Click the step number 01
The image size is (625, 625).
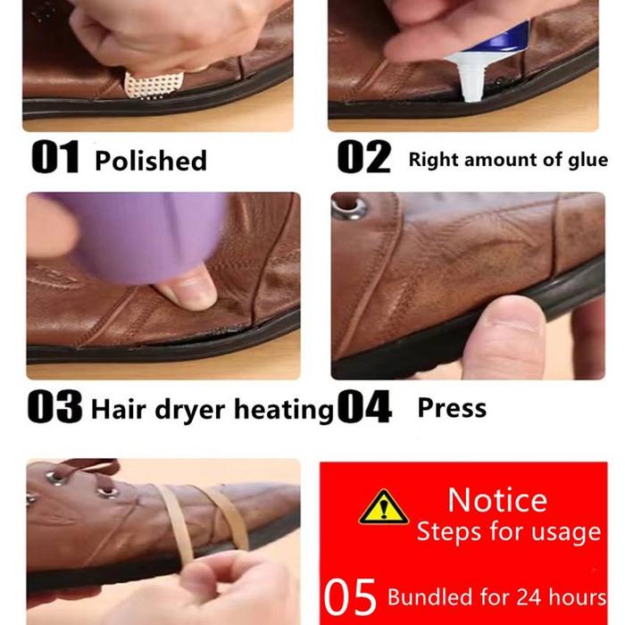[55, 157]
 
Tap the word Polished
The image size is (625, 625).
[151, 160]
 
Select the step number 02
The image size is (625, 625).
[363, 157]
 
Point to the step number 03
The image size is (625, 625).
[55, 406]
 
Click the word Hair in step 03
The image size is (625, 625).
[119, 409]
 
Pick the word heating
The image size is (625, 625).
[284, 411]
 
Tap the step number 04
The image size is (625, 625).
[364, 406]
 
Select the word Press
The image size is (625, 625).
[452, 408]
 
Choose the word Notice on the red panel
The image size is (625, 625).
[497, 500]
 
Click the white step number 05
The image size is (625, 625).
[350, 596]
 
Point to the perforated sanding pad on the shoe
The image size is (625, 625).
[154, 86]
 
